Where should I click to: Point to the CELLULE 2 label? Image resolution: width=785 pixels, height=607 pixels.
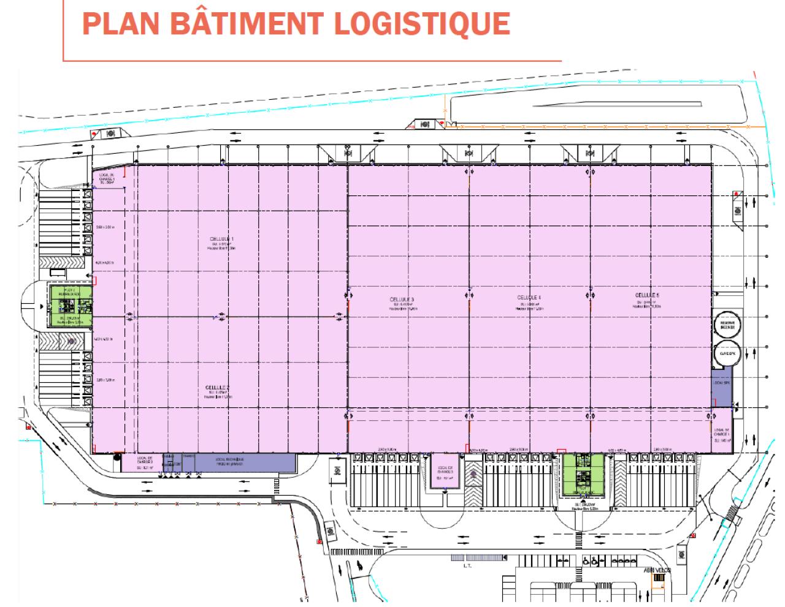pyautogui.click(x=218, y=388)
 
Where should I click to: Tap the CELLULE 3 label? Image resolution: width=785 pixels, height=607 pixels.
pyautogui.click(x=402, y=300)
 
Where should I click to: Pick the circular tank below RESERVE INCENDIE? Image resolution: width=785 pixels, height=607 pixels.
pyautogui.click(x=727, y=353)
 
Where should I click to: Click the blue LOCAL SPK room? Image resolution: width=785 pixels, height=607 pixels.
pyautogui.click(x=722, y=386)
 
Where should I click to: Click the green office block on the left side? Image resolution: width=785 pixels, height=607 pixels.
pyautogui.click(x=71, y=306)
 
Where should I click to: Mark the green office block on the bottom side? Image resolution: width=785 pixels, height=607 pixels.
pyautogui.click(x=583, y=473)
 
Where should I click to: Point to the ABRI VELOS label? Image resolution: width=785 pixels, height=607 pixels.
pyautogui.click(x=657, y=570)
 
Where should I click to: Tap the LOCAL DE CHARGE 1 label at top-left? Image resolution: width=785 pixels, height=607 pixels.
pyautogui.click(x=107, y=178)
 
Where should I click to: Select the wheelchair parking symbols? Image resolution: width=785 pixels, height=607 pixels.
pyautogui.click(x=589, y=560)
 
